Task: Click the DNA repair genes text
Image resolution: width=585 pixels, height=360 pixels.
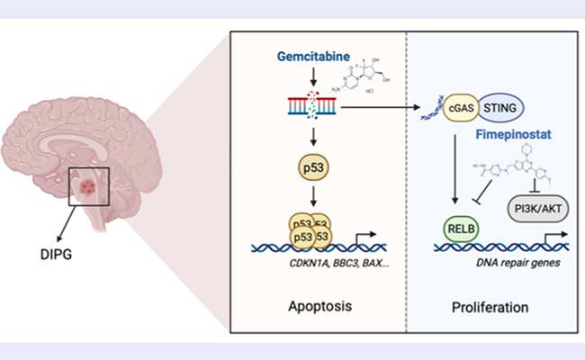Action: pos(507,263)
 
